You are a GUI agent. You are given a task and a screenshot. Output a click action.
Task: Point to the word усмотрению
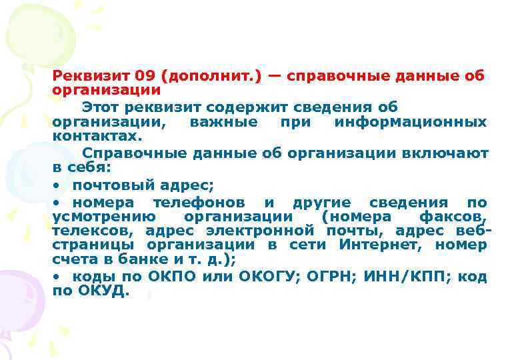click(x=104, y=216)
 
